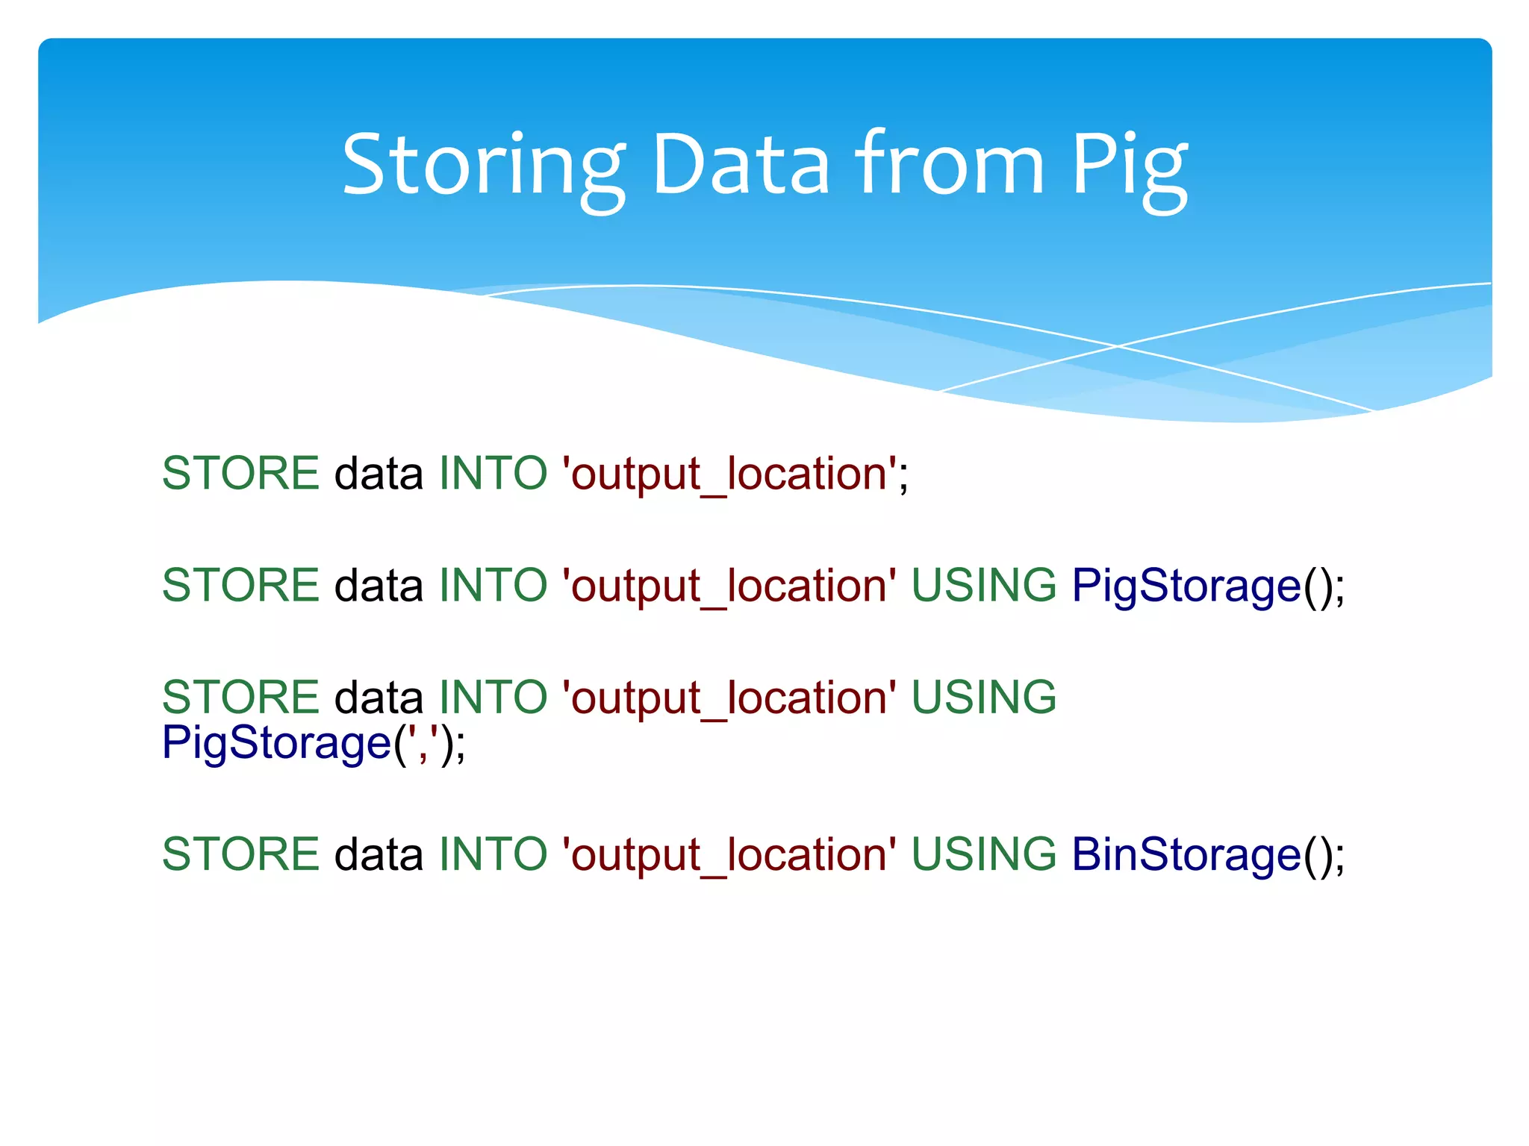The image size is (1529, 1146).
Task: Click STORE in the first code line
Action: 240,474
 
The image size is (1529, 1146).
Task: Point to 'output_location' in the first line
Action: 729,474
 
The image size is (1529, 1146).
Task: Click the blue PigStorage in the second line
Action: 1186,586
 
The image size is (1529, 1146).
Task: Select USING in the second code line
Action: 983,586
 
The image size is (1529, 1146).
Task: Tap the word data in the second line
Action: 379,586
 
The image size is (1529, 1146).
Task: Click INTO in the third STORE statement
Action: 493,698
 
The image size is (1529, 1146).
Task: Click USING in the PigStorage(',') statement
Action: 983,698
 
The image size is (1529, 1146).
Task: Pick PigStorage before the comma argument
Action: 276,744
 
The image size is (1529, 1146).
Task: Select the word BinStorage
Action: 1186,854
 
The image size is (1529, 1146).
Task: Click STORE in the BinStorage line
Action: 240,854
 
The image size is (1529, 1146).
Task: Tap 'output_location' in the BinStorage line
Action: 729,854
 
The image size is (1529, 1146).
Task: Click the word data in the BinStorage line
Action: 379,854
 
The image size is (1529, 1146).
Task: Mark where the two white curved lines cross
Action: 1118,346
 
